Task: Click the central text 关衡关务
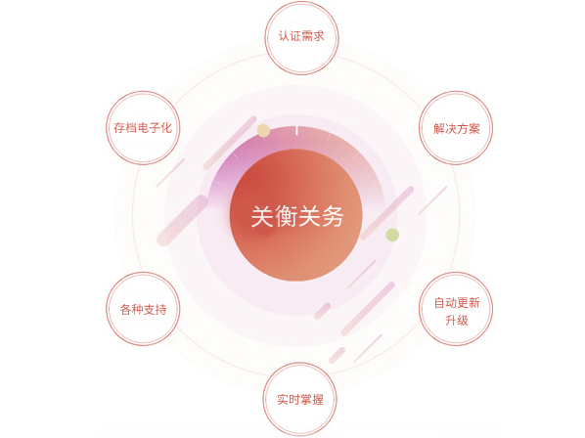297,216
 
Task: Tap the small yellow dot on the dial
263,130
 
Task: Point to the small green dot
392,235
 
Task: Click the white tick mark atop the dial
296,130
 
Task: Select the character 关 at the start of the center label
262,216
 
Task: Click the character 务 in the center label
332,216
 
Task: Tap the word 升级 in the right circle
457,320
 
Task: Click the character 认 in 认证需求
284,36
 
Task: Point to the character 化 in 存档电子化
166,128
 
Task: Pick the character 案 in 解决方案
473,129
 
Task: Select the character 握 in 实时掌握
318,400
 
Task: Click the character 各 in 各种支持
126,309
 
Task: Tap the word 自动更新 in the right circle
457,303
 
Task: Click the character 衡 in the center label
286,216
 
